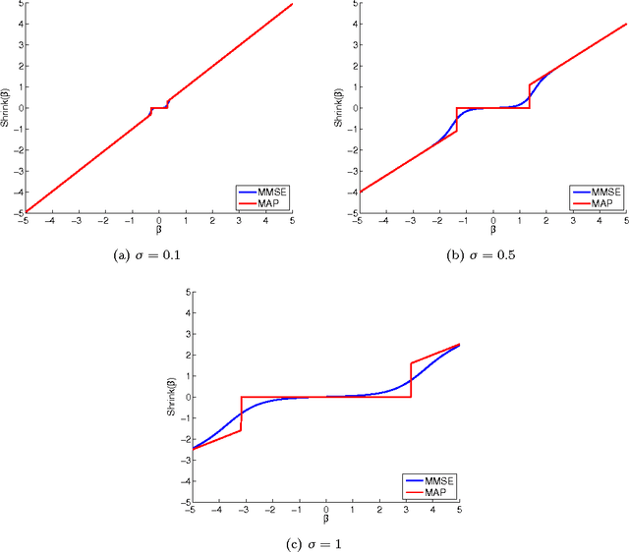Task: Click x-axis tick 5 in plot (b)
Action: pos(625,219)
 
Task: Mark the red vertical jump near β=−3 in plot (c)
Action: pos(242,414)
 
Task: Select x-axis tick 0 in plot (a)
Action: pos(159,219)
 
